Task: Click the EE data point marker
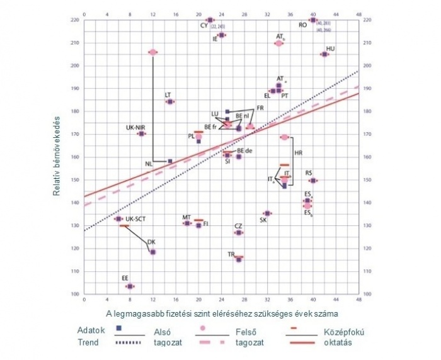pos(130,286)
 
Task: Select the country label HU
pos(330,48)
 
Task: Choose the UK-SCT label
pos(135,219)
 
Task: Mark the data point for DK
pos(152,252)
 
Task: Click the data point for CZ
pos(239,233)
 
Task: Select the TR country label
pos(231,254)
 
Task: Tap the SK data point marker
pos(267,213)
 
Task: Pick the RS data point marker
pos(313,181)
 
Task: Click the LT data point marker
pos(170,101)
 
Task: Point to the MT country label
pos(186,217)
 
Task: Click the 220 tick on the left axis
pos(75,20)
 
